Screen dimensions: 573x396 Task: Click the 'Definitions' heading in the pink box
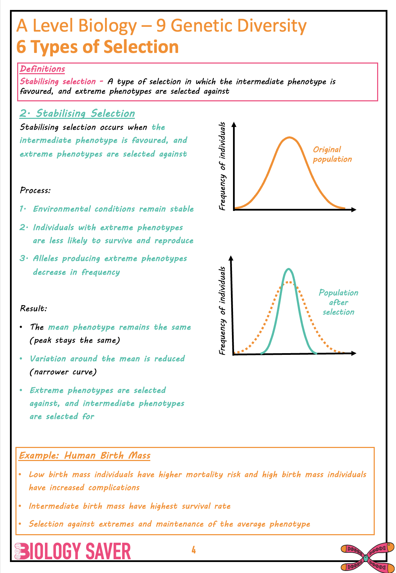pyautogui.click(x=42, y=69)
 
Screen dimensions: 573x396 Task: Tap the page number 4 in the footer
pyautogui.click(x=194, y=550)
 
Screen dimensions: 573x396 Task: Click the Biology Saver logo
pyautogui.click(x=73, y=551)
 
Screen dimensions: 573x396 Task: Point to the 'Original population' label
pyautogui.click(x=332, y=154)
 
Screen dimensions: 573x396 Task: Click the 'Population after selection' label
pyautogui.click(x=338, y=302)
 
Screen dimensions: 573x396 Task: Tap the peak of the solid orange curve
pyautogui.click(x=290, y=137)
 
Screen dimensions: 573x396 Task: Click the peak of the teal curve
pyautogui.click(x=289, y=269)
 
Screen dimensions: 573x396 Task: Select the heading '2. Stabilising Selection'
pyautogui.click(x=77, y=113)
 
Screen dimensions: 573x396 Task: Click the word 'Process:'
pyautogui.click(x=35, y=190)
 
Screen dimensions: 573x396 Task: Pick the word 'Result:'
pyautogui.click(x=33, y=308)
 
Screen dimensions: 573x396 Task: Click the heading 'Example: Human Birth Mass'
pyautogui.click(x=84, y=456)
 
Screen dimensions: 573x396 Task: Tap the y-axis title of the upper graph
pyautogui.click(x=222, y=166)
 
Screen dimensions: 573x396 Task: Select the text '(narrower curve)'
pyautogui.click(x=63, y=372)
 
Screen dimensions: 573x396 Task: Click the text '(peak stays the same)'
pyautogui.click(x=75, y=340)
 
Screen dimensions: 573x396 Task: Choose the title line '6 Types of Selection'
pyautogui.click(x=97, y=47)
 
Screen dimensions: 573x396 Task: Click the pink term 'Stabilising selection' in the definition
pyautogui.click(x=58, y=81)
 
